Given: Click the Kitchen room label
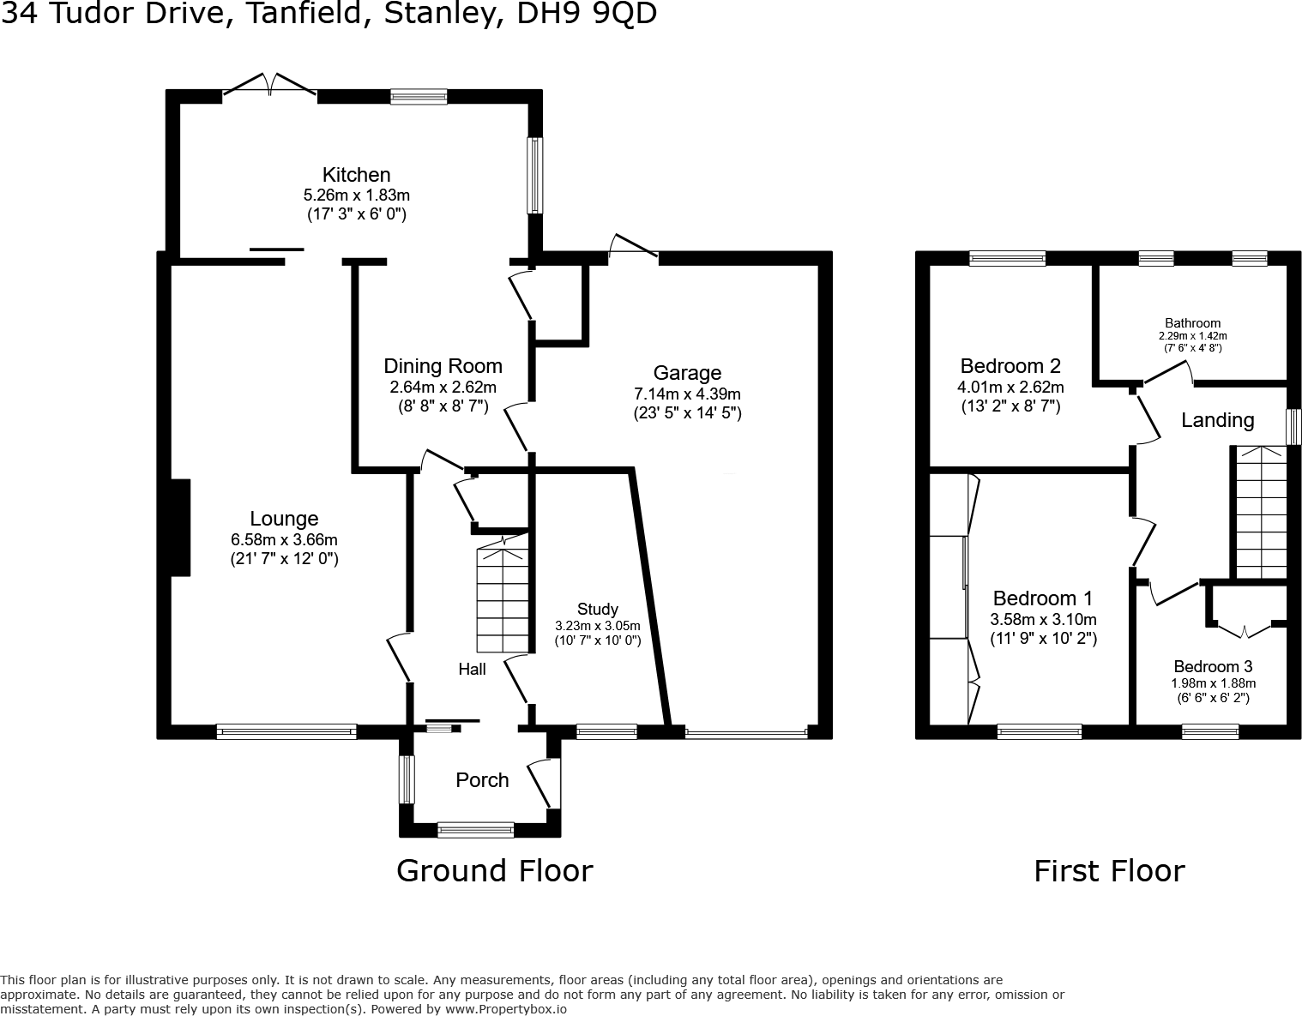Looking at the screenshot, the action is point(356,175).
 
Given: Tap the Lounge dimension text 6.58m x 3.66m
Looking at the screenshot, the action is point(284,540).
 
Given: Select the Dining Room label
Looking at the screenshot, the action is point(443,367).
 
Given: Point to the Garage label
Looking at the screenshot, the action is point(687,373).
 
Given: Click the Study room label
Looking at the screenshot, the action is point(597,610).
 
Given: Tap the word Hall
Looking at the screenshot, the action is point(472,670).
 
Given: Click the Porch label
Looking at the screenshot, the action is point(482,780).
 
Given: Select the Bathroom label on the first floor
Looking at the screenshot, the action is point(1192,323).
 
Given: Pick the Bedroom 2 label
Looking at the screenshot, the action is point(1010,366).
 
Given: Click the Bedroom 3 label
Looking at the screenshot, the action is point(1213,667).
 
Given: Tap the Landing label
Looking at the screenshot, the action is point(1217,420).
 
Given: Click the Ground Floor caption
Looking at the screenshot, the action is point(494,871).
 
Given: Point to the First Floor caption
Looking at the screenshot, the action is point(1108,871).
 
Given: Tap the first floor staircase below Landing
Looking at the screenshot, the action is point(1260,514).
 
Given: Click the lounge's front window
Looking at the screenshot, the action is point(286,731).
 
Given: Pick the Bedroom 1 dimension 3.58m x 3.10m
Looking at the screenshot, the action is point(1043,620).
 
